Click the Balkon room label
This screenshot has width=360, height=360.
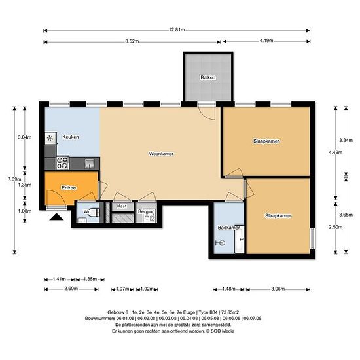click(x=208, y=77)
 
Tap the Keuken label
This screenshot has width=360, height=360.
click(x=71, y=137)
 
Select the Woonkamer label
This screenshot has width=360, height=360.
click(x=161, y=154)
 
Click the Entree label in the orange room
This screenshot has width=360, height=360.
click(x=69, y=188)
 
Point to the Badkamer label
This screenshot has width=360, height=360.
click(x=228, y=228)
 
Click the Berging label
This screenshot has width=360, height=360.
click(x=147, y=211)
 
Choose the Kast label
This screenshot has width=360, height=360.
click(x=122, y=206)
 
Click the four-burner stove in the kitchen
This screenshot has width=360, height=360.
click(x=62, y=163)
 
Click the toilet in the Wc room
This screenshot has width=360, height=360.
click(x=95, y=212)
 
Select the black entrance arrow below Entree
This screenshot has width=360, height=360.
click(x=56, y=217)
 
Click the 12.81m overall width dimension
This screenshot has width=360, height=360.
click(x=177, y=30)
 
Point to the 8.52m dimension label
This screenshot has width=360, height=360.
click(x=132, y=41)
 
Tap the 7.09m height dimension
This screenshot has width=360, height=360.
click(x=14, y=179)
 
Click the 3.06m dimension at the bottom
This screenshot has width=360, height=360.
click(x=278, y=289)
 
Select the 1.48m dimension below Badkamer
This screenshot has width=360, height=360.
click(x=228, y=289)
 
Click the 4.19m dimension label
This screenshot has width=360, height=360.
click(x=266, y=41)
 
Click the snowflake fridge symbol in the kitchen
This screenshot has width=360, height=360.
click(x=50, y=138)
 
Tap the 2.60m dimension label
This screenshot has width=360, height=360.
click(x=71, y=289)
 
